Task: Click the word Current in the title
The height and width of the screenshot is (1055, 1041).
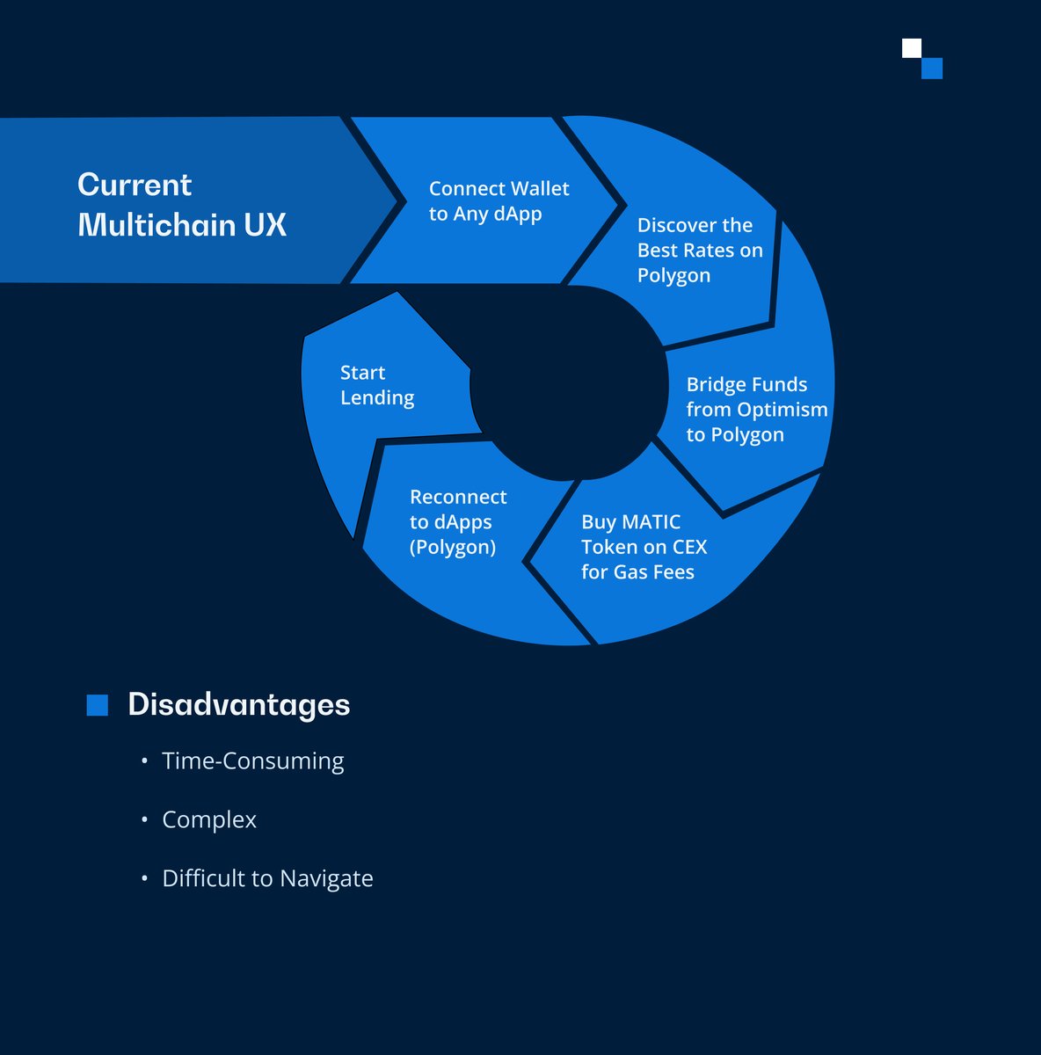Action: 135,185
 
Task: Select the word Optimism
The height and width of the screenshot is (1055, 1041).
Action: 782,410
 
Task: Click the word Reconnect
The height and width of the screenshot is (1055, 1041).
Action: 458,498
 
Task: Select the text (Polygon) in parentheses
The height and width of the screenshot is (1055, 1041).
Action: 453,548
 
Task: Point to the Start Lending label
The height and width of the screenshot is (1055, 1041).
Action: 376,385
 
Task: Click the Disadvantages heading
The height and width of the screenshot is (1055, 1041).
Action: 239,705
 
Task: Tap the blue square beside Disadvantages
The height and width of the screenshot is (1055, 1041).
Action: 98,705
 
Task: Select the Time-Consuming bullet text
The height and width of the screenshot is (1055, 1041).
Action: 253,761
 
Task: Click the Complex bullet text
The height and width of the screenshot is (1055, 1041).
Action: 209,820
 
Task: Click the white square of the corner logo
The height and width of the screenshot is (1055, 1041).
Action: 912,48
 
